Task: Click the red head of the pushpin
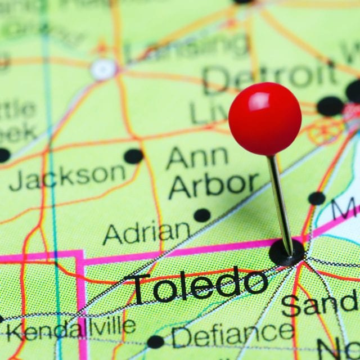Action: point(265,119)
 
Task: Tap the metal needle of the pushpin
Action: point(280,202)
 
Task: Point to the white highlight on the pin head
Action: point(260,101)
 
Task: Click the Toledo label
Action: point(200,285)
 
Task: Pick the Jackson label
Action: point(67,177)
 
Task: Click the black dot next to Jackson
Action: point(133,156)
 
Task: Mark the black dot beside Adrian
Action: point(202,215)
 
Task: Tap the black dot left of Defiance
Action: point(155,341)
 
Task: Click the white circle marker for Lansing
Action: point(103,69)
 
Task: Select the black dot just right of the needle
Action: point(317,198)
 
